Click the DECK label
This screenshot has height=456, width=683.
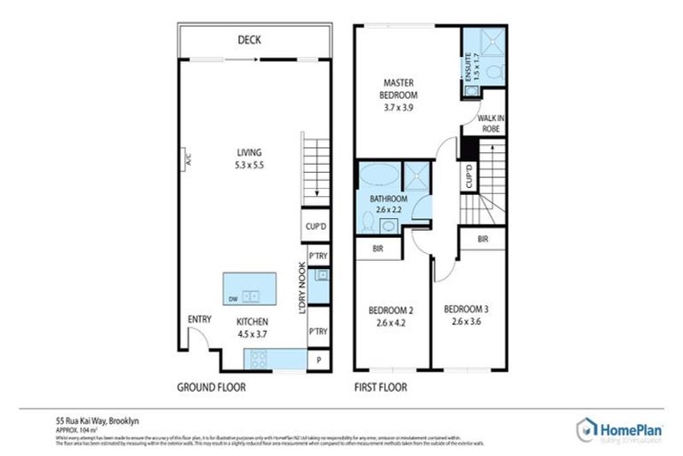[x=248, y=40]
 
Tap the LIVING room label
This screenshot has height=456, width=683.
[x=243, y=153]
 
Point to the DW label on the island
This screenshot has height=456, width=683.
[x=231, y=297]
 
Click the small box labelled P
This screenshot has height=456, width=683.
[x=317, y=360]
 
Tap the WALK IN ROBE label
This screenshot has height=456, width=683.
[x=489, y=123]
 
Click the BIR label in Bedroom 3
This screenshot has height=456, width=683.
[x=483, y=240]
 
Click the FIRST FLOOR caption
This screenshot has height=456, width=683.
[x=380, y=387]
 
